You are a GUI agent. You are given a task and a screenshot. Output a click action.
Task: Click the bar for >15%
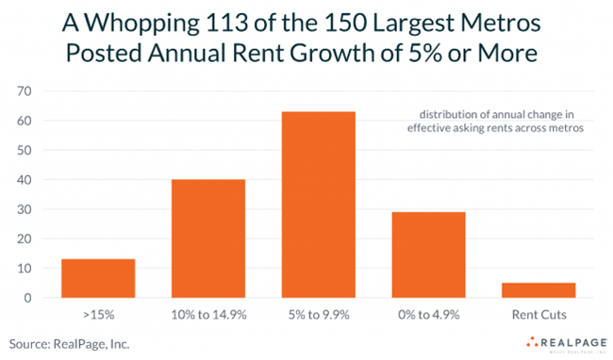click(x=98, y=278)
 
